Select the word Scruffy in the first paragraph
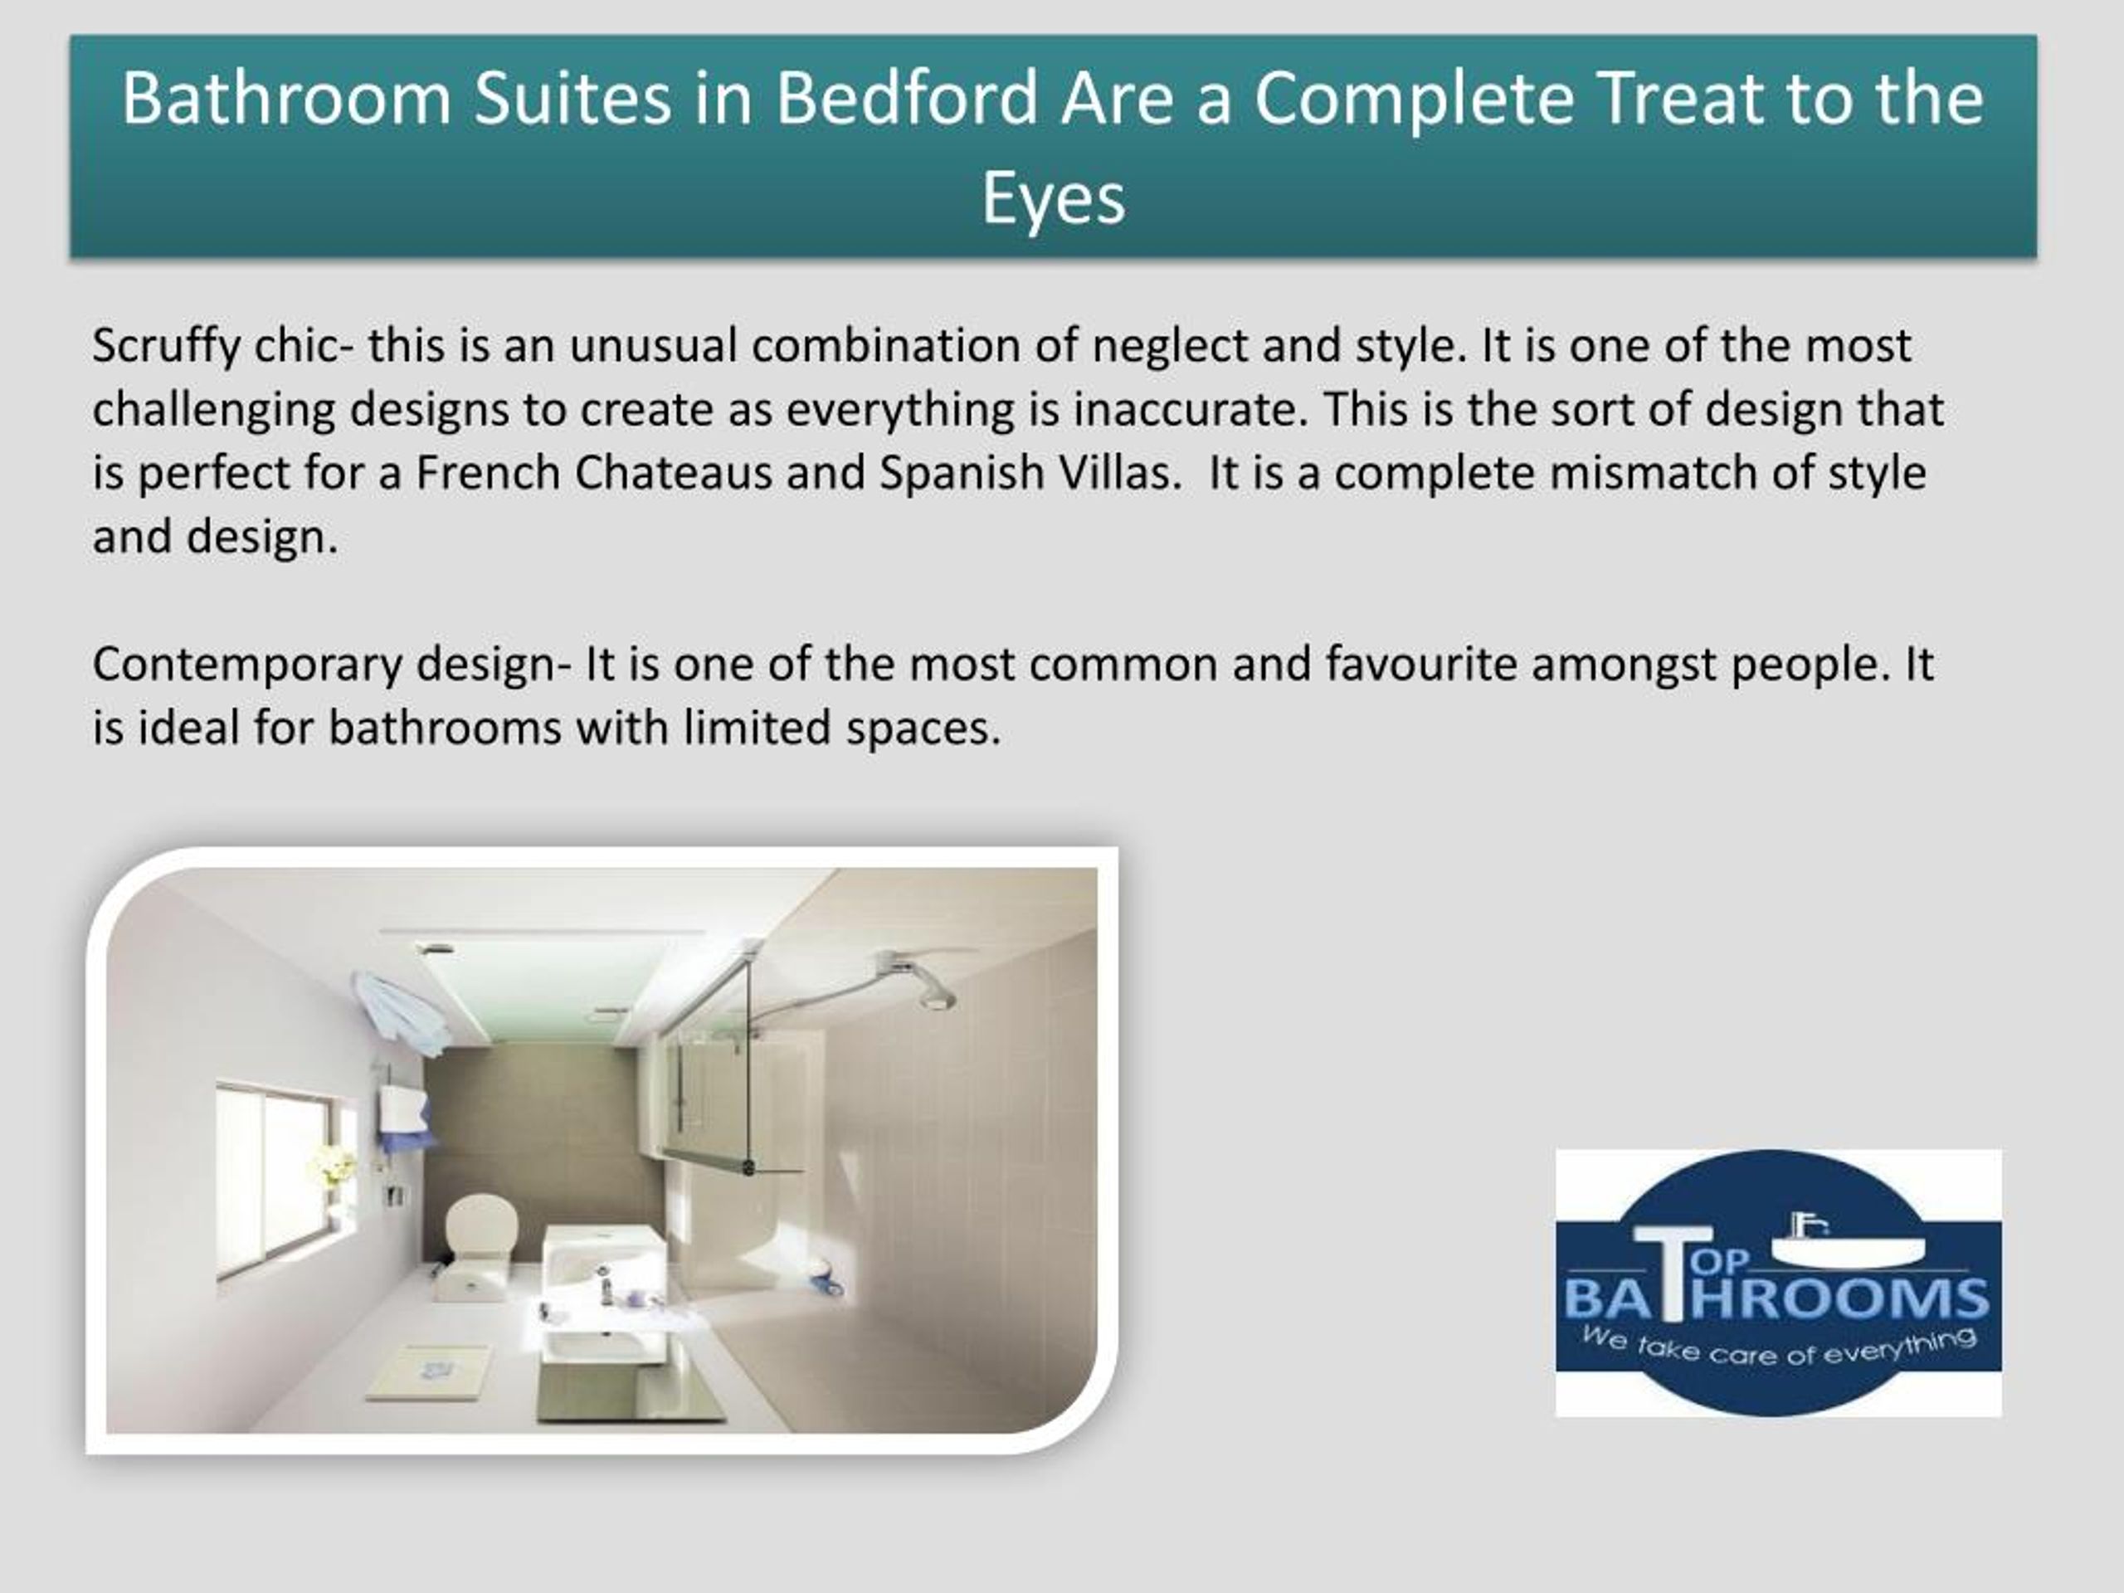[x=166, y=347]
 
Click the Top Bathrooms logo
[x=1777, y=1282]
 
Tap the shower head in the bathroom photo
[x=933, y=995]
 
